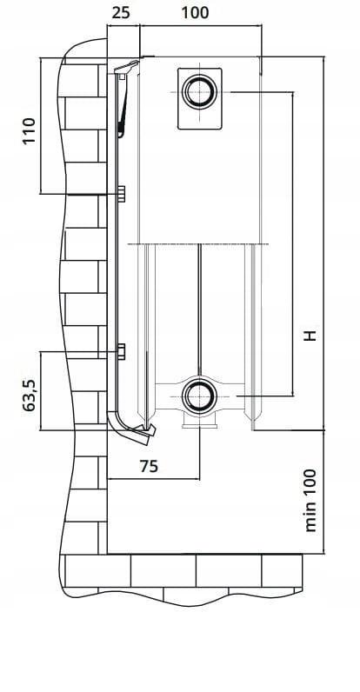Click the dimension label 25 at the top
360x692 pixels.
click(x=122, y=13)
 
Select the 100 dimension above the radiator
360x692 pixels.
click(x=195, y=13)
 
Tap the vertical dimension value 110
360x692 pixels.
click(x=29, y=130)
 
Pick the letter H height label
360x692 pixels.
click(x=310, y=335)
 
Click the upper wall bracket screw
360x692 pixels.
click(x=121, y=192)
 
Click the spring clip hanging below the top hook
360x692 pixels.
click(x=123, y=109)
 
